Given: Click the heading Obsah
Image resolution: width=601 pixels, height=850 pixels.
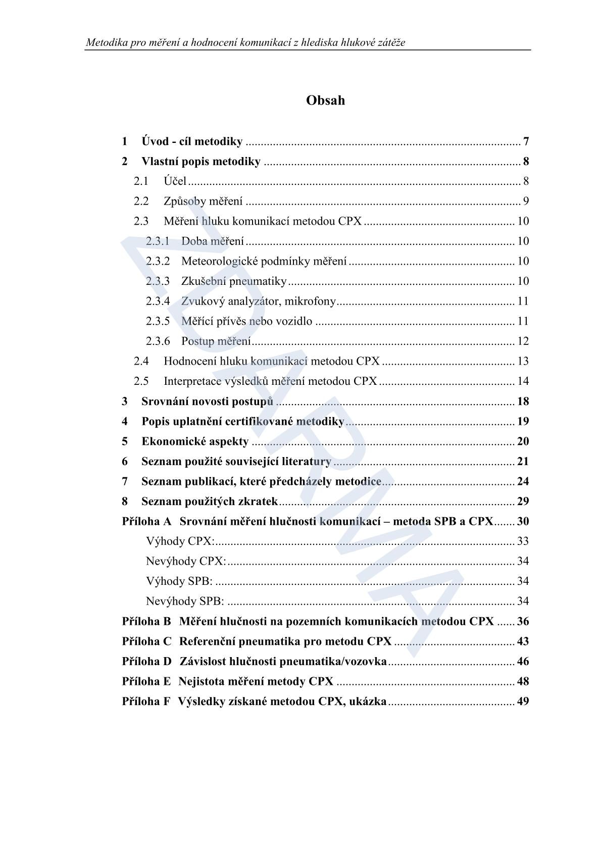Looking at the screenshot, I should tap(325, 101).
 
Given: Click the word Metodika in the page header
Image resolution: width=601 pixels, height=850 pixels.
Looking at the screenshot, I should tap(107, 42).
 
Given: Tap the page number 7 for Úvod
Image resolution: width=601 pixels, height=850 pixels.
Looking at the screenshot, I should tap(526, 141).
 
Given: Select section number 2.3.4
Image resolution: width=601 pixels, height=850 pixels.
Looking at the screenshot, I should tap(158, 302).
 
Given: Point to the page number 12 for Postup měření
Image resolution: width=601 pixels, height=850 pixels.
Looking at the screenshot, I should tap(523, 341).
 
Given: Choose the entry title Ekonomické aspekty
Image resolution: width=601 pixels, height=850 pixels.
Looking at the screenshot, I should tap(195, 441).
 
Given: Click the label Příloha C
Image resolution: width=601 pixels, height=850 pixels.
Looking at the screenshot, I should tap(147, 641).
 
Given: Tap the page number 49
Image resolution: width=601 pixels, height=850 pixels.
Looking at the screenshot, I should tap(523, 702).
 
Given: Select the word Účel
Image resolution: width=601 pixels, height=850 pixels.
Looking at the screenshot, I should tap(175, 181).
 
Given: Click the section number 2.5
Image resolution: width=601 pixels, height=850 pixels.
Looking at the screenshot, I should tap(141, 381).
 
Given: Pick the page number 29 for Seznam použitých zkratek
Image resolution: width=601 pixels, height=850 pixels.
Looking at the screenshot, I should tap(523, 502).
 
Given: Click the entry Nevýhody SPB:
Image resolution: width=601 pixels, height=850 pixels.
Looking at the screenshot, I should tap(185, 602).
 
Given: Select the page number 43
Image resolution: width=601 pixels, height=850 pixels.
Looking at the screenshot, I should tap(523, 641).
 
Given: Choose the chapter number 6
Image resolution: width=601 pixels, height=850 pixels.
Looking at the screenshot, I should tap(125, 462).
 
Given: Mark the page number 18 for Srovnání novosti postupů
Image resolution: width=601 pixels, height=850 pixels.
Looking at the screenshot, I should tap(523, 402).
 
